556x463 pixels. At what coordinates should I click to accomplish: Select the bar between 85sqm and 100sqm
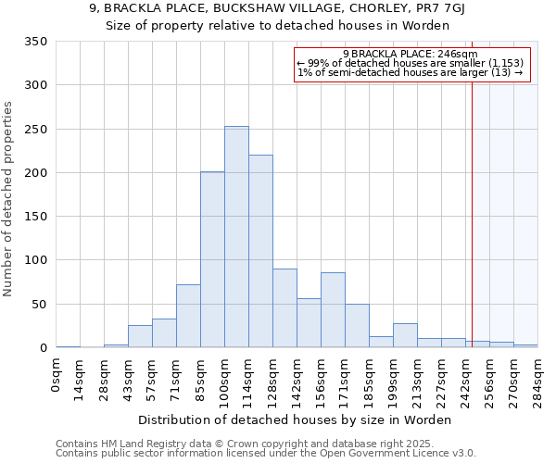(212, 260)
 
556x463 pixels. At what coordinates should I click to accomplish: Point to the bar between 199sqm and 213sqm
(405, 336)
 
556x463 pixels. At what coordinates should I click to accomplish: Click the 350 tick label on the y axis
(35, 42)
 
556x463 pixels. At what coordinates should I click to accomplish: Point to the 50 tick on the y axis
(39, 305)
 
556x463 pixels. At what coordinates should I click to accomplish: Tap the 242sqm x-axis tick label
(466, 380)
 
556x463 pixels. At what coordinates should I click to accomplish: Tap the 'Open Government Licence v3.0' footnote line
(266, 454)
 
